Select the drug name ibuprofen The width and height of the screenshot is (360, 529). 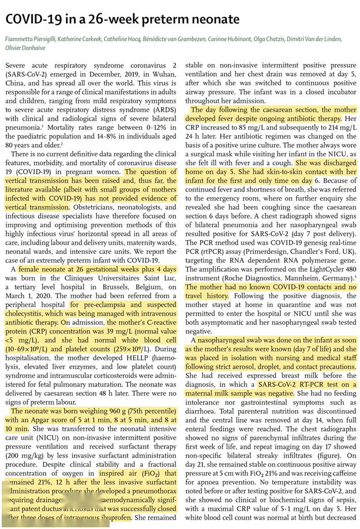[112, 518]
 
